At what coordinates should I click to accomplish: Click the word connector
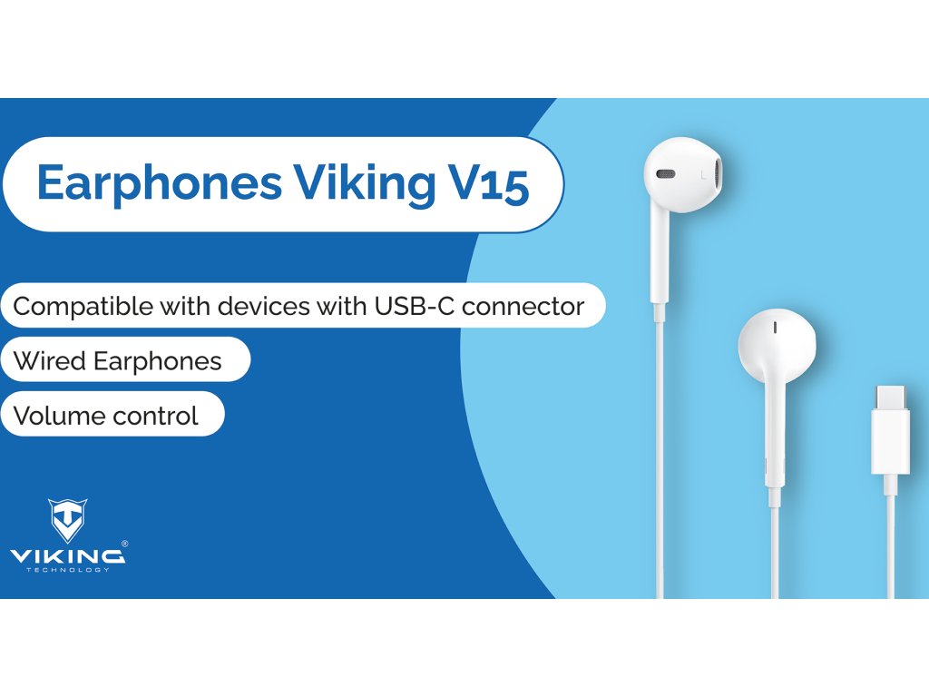tap(523, 307)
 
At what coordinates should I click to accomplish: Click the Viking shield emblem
tap(67, 520)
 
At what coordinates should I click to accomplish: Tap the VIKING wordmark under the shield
tap(67, 556)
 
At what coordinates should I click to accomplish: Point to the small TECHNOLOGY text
tap(68, 570)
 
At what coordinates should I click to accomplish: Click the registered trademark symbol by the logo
tap(124, 544)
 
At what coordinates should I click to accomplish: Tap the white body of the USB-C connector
tap(891, 441)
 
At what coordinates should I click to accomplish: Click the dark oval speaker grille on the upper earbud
tap(665, 174)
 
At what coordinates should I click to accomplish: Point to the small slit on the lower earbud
tap(775, 327)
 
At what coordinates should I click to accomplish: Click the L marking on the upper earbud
tap(703, 175)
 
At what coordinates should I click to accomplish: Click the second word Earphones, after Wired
tap(158, 361)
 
